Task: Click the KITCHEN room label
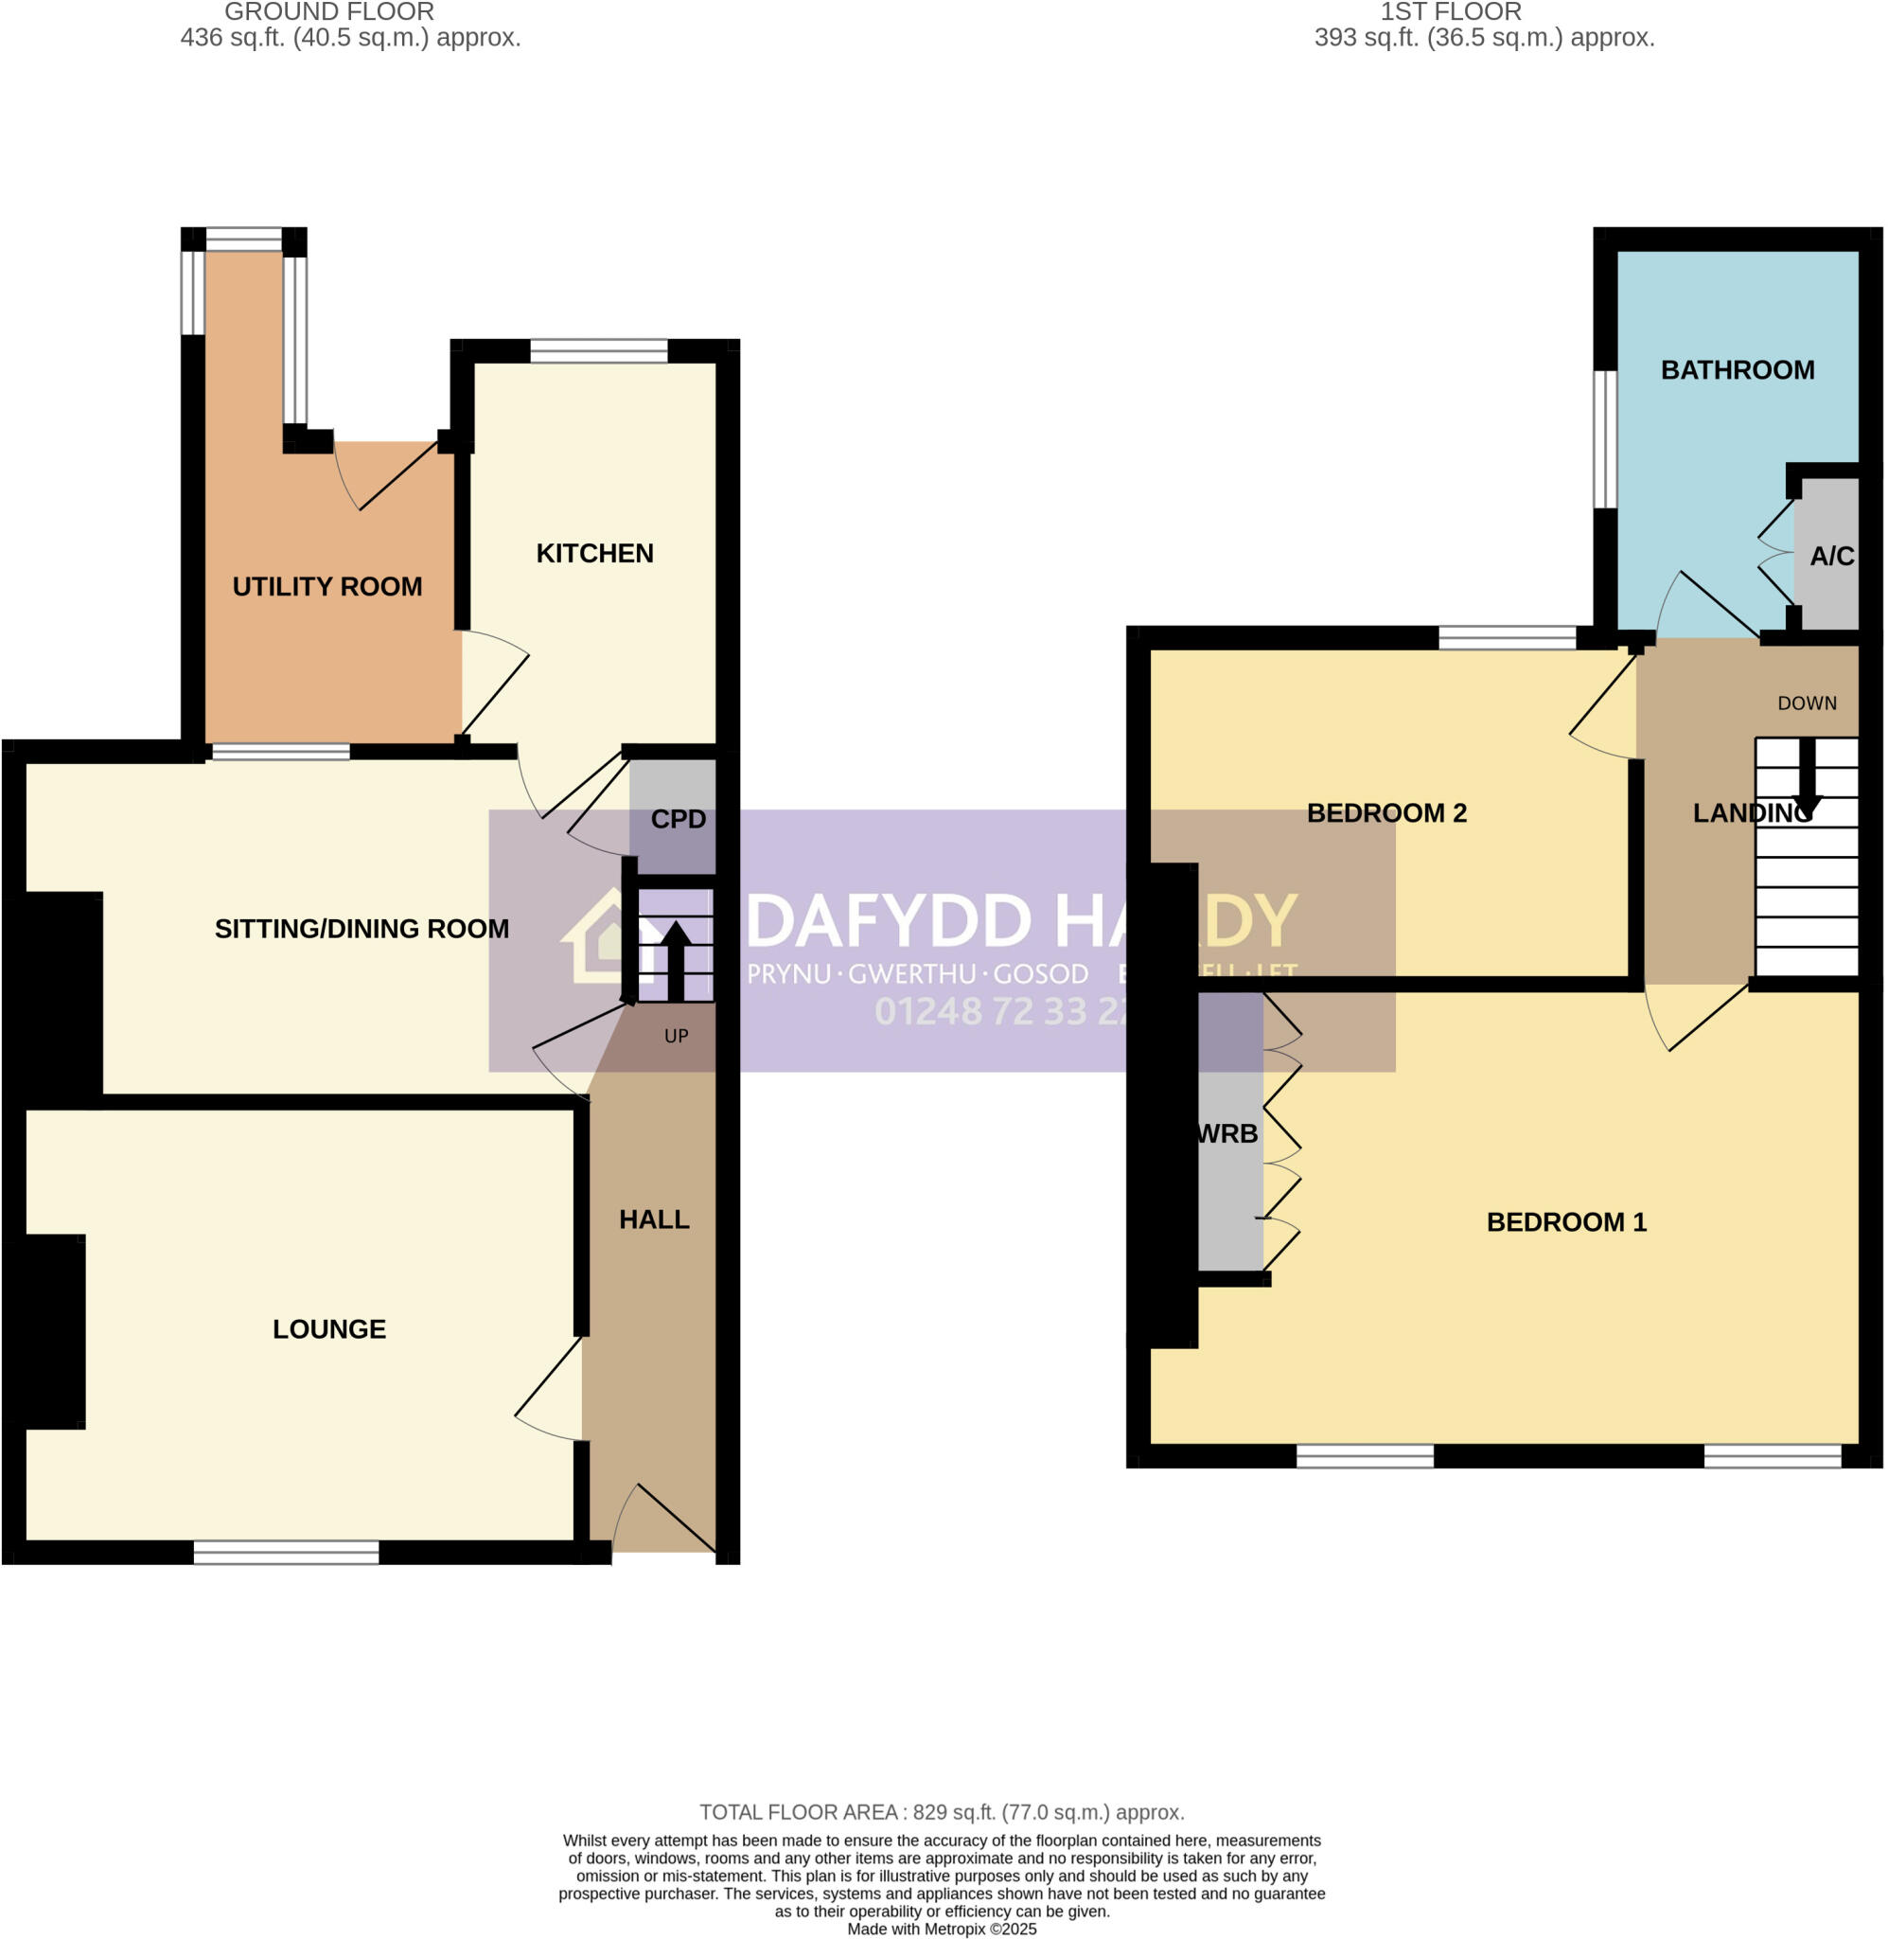[x=594, y=554]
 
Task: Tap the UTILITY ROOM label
[x=327, y=586]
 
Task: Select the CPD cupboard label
[x=678, y=819]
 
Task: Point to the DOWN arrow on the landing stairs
[x=1807, y=778]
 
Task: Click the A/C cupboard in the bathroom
[x=1830, y=557]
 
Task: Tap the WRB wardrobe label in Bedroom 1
[x=1227, y=1133]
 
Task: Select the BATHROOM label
[x=1737, y=370]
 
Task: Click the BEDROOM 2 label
[x=1385, y=813]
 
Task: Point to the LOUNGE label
[x=329, y=1329]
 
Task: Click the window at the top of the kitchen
[x=598, y=350]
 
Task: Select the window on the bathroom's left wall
[x=1604, y=439]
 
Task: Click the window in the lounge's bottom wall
[x=286, y=1552]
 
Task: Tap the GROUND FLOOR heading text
[x=329, y=12]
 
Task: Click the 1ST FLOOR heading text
[x=1450, y=12]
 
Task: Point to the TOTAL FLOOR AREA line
[x=941, y=1812]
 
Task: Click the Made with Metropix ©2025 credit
[x=941, y=1930]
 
